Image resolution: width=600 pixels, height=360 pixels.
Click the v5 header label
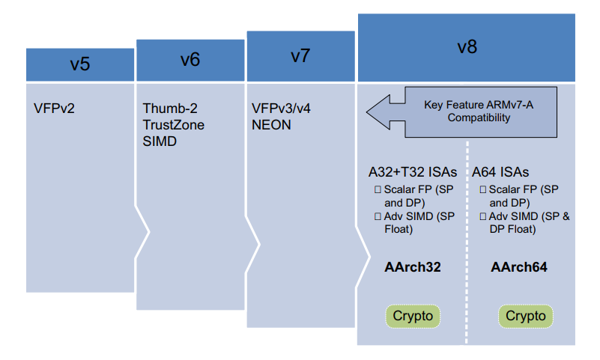[x=80, y=64]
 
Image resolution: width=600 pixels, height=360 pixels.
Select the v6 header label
[x=190, y=59]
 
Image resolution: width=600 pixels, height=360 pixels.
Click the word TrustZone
[x=173, y=125]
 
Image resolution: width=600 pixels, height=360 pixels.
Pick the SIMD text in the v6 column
[x=159, y=141]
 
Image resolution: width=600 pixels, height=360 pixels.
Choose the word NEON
[x=271, y=125]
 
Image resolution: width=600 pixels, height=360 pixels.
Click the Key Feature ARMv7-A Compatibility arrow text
[x=479, y=112]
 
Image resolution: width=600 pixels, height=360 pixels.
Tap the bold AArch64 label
[x=521, y=266]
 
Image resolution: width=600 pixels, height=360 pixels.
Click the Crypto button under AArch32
[x=413, y=316]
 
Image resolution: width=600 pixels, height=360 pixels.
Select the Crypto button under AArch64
[x=526, y=316]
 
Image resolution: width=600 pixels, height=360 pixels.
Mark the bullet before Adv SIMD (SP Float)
[x=378, y=216]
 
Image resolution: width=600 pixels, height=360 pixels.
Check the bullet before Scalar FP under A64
[x=483, y=190]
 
